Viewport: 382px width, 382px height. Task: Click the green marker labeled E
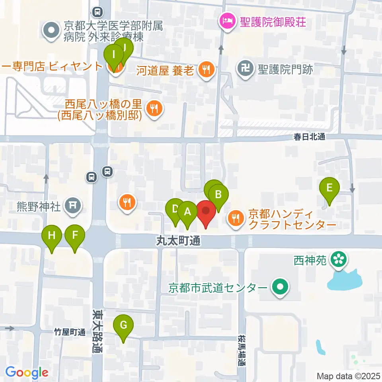(329, 188)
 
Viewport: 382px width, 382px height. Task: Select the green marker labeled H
(52, 236)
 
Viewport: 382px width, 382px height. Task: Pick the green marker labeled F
(75, 236)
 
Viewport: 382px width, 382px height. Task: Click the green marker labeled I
(115, 56)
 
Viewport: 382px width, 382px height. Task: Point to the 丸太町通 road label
(177, 240)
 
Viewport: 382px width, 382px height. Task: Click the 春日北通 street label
(309, 136)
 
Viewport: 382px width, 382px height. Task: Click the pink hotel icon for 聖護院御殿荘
(228, 20)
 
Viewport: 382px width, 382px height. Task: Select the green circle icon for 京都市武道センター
(280, 286)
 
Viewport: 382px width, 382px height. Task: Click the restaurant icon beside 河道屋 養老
(206, 70)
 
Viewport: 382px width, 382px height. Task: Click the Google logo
(27, 372)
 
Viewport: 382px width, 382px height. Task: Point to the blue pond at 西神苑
(345, 280)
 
